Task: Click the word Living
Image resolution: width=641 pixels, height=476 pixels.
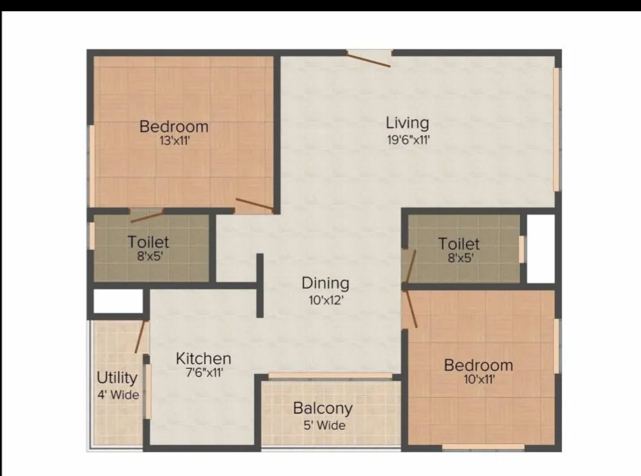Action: click(407, 122)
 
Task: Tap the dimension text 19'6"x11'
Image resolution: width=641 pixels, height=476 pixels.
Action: click(408, 140)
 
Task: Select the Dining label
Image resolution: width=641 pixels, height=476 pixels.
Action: click(325, 283)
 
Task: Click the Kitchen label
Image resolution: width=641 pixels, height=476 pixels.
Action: click(203, 358)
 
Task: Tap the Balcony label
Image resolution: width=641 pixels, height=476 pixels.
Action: click(322, 408)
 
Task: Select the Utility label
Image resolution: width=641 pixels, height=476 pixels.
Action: click(116, 378)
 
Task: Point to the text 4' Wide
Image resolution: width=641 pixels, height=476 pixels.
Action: click(118, 395)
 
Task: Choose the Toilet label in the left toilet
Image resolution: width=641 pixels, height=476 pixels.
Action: click(148, 241)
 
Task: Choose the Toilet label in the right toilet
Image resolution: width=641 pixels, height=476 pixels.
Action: click(459, 244)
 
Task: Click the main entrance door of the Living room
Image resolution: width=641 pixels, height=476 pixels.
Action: click(369, 60)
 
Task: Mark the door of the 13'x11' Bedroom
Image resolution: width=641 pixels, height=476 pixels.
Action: click(254, 204)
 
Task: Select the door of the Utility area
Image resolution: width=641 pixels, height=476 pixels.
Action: click(141, 337)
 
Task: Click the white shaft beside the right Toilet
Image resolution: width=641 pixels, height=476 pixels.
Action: click(541, 249)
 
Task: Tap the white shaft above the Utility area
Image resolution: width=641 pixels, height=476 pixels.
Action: click(118, 301)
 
